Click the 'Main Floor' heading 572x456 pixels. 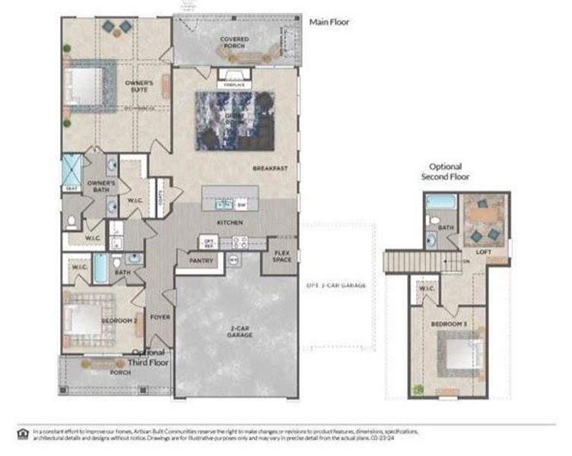(x=329, y=22)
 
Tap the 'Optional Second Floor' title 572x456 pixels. (x=446, y=172)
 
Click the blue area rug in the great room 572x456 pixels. (x=235, y=119)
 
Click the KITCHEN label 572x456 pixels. (x=230, y=222)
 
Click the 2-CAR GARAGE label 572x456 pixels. (x=236, y=332)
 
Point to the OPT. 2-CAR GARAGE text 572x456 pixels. (x=336, y=285)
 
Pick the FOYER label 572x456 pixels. (x=159, y=317)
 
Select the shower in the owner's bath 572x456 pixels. (x=72, y=169)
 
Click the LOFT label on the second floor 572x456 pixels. (x=484, y=252)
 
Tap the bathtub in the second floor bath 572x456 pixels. (x=439, y=203)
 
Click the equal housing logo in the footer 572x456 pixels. (x=21, y=434)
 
